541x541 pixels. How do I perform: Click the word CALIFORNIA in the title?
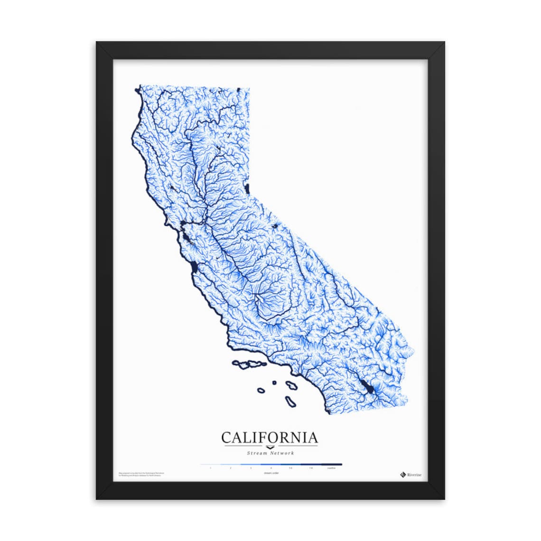(x=270, y=437)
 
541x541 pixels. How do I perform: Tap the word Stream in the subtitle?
(x=257, y=453)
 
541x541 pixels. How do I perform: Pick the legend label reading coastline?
(x=331, y=468)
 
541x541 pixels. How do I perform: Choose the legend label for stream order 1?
(x=210, y=468)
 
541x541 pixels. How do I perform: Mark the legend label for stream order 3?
(x=251, y=468)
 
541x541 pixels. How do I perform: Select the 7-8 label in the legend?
(x=311, y=468)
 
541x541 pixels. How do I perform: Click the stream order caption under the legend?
(x=271, y=473)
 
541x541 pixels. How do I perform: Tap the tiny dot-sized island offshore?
(x=274, y=382)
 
